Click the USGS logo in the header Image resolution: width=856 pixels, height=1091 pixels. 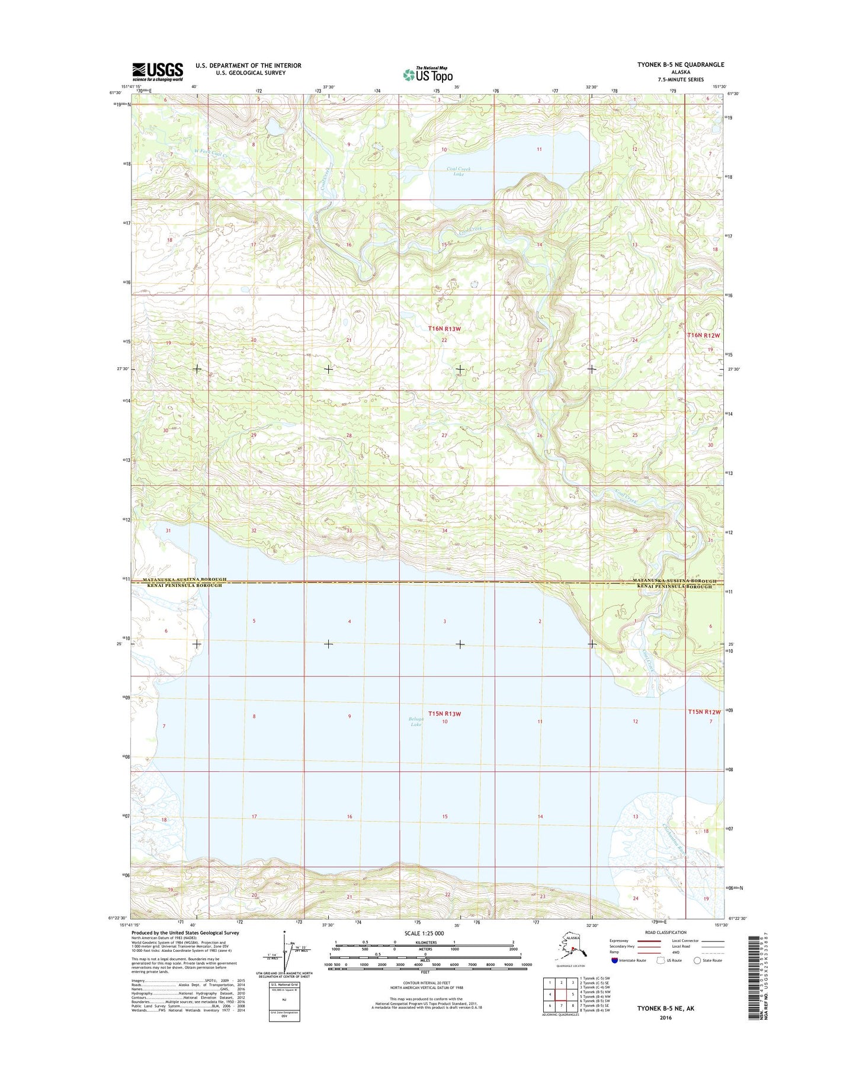(157, 72)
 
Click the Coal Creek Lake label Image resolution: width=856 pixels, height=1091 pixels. (459, 172)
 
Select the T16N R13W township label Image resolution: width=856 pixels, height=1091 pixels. (444, 328)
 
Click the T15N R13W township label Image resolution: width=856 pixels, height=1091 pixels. (444, 714)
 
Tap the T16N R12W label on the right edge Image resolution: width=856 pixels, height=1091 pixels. (704, 335)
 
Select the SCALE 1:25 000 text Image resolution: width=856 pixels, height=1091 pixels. (424, 933)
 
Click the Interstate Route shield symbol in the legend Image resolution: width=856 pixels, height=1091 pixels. (614, 960)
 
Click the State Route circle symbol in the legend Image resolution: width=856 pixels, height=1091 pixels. (697, 960)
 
